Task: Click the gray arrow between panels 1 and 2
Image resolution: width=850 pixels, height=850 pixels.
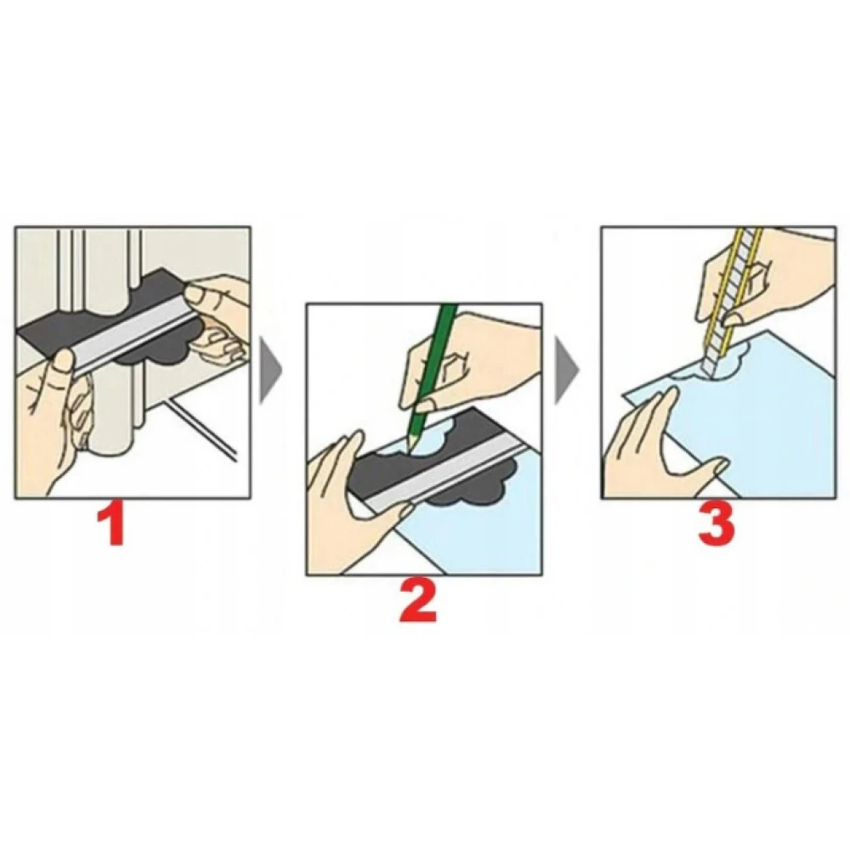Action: [x=270, y=371]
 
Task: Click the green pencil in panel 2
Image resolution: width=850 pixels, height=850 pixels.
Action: [x=430, y=374]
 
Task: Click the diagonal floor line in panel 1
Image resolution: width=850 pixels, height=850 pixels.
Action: [x=201, y=428]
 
